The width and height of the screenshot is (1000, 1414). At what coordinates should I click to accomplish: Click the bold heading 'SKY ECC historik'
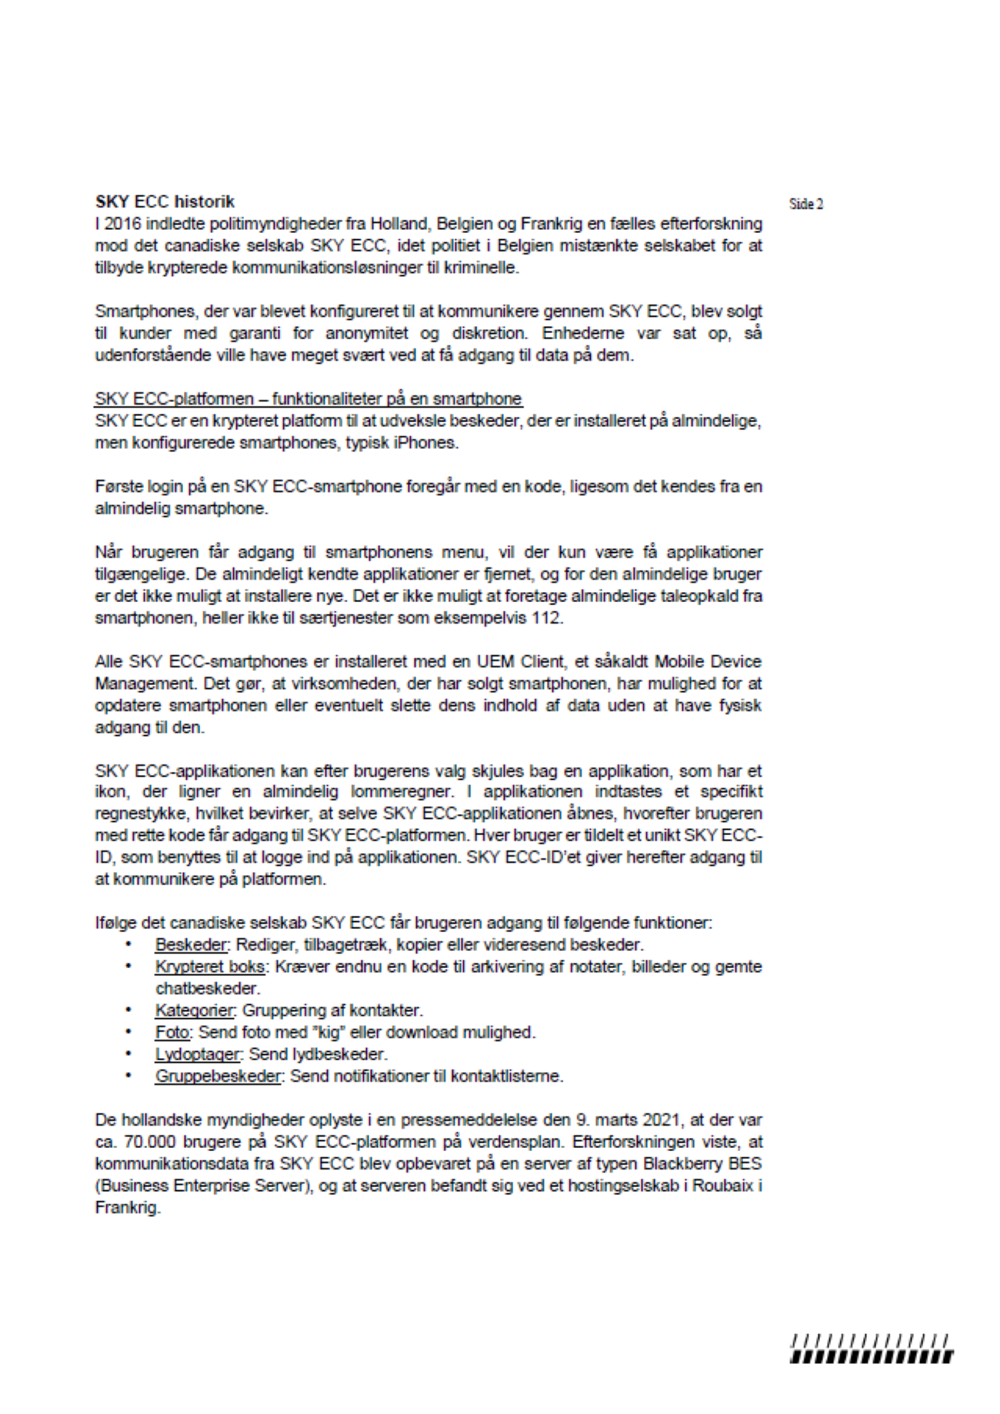click(x=165, y=201)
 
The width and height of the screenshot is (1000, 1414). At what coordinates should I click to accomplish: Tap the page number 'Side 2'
click(x=805, y=205)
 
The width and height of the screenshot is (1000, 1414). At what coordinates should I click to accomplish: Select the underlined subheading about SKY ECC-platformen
click(x=308, y=399)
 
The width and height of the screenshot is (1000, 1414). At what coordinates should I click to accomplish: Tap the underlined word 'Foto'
click(x=172, y=1032)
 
